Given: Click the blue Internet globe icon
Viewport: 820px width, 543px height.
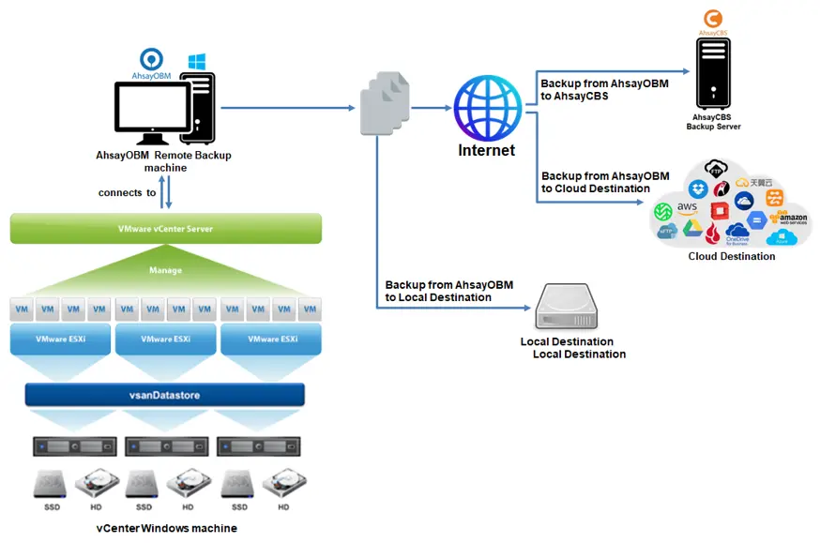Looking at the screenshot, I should pyautogui.click(x=486, y=108).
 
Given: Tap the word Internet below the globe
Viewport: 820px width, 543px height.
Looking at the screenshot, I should pyautogui.click(x=486, y=150).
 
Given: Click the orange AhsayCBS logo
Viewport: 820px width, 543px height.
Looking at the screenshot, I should pyautogui.click(x=713, y=19).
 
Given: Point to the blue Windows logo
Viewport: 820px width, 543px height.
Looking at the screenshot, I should pyautogui.click(x=197, y=61).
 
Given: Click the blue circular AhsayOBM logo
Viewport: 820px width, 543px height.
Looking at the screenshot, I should pyautogui.click(x=151, y=59).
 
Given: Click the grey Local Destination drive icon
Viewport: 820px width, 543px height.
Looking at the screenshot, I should pyautogui.click(x=565, y=308).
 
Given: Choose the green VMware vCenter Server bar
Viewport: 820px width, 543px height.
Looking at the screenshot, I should pyautogui.click(x=166, y=229).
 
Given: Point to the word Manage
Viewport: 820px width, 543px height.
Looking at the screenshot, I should pyautogui.click(x=165, y=270).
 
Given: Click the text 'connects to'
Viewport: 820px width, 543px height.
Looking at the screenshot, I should pyautogui.click(x=127, y=193).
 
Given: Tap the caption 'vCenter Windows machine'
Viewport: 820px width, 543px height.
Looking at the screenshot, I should pyautogui.click(x=167, y=528).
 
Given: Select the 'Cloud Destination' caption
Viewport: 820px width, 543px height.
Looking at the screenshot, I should pyautogui.click(x=732, y=256).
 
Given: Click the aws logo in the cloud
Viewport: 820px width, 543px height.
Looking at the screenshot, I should pyautogui.click(x=688, y=206).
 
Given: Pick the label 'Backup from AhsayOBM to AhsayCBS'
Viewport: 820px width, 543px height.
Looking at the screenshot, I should pyautogui.click(x=604, y=89).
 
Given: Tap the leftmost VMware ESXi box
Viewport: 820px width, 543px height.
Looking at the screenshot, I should pyautogui.click(x=60, y=339).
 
